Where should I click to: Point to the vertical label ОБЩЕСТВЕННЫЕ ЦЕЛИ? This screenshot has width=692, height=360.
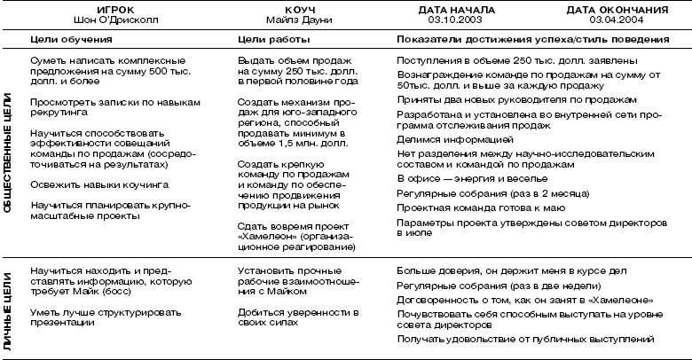[8, 153]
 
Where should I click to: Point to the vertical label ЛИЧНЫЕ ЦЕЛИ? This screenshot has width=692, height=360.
[8, 305]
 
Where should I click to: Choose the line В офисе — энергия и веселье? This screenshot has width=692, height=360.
[466, 178]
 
